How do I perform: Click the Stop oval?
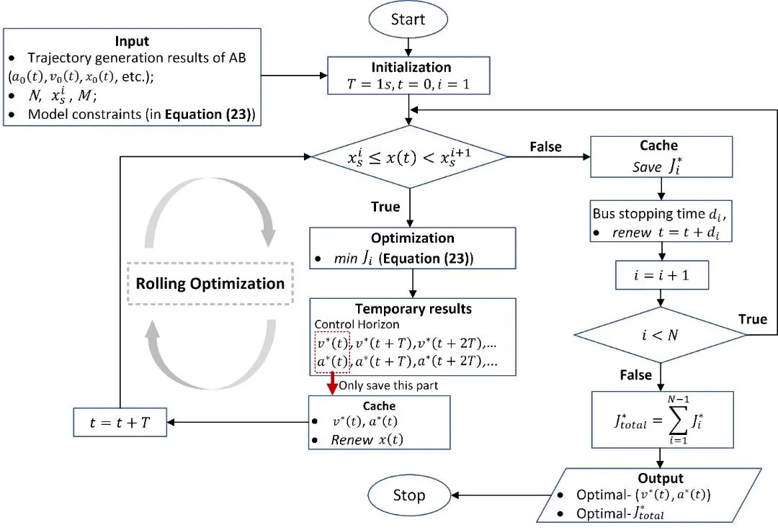coord(408,495)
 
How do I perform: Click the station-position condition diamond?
coord(408,156)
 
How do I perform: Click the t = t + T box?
coord(120,422)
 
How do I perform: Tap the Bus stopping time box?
coord(660,223)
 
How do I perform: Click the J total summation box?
coord(660,418)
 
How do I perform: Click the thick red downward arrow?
coord(333,383)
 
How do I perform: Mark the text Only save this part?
coord(388,385)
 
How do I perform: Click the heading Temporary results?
coord(413,308)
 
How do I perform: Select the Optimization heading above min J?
coord(413,238)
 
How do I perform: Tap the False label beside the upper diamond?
coord(545,147)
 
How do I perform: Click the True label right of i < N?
coord(752,318)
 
